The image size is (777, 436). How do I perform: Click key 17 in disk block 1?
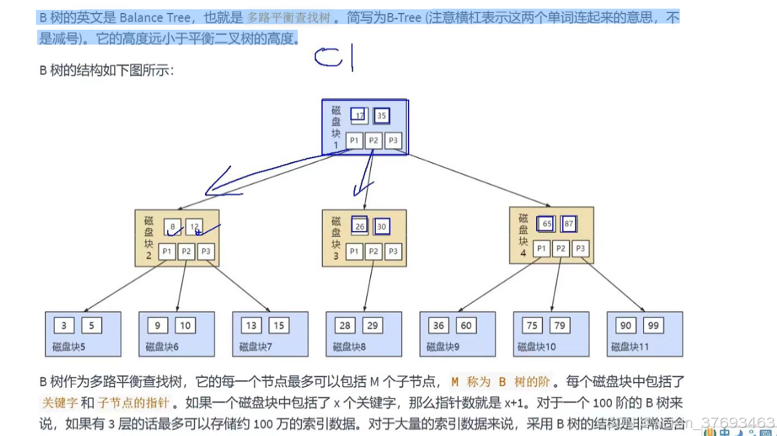[359, 116]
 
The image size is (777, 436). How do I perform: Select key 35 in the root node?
[381, 116]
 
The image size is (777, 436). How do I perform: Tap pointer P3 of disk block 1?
[393, 141]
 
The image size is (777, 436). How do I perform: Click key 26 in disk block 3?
[360, 227]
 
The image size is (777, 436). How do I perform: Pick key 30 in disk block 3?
[381, 227]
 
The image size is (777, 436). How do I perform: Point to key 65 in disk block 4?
[547, 224]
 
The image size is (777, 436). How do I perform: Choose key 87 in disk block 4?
[569, 224]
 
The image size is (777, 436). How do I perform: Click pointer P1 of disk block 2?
[167, 251]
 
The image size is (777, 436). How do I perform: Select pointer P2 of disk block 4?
[561, 248]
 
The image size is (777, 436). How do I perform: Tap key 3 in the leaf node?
[64, 325]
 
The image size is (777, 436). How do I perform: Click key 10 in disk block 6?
[185, 325]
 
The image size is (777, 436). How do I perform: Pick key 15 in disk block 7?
[279, 325]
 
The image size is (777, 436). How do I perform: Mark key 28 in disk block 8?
[345, 325]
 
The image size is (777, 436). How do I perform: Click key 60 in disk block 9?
[466, 325]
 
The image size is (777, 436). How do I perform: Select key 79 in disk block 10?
[560, 325]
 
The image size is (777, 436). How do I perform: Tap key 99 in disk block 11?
[653, 325]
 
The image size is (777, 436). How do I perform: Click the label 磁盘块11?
[630, 347]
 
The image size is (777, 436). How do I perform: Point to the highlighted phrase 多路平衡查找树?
[289, 18]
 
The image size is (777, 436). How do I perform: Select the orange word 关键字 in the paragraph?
[59, 403]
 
